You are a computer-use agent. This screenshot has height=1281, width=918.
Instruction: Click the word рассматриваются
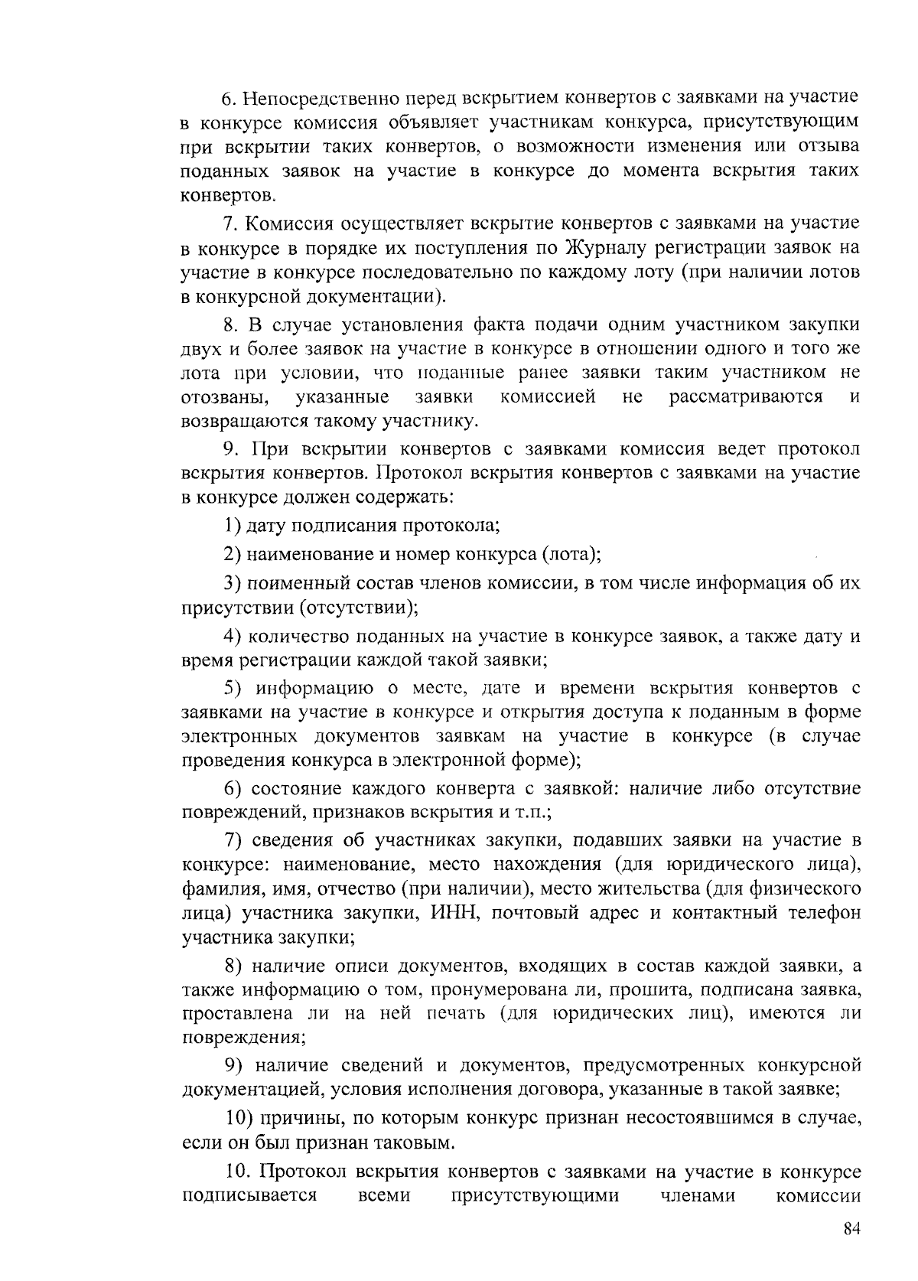(x=746, y=396)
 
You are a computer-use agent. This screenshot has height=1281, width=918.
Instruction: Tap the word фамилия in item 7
(x=218, y=888)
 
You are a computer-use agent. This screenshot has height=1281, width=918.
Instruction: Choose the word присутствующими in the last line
(x=535, y=1195)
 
